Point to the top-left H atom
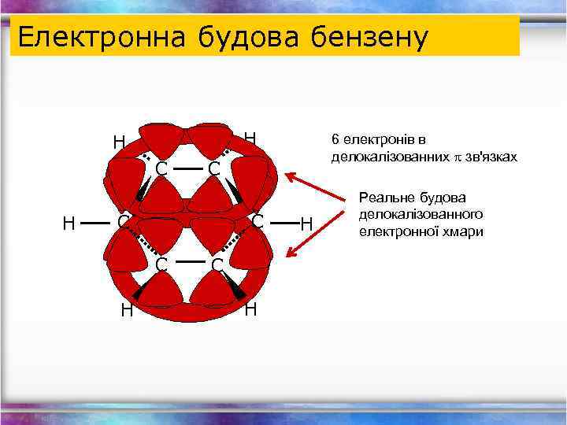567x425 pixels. click(x=119, y=142)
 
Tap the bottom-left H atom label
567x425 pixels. click(x=127, y=310)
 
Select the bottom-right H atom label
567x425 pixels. click(x=250, y=309)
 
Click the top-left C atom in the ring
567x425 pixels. click(x=161, y=168)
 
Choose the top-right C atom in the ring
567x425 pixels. click(x=213, y=168)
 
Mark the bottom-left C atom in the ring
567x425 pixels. click(x=161, y=264)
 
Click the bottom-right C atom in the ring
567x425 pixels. click(x=217, y=264)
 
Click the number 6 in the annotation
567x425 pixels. click(x=335, y=140)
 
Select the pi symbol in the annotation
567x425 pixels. click(x=455, y=157)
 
